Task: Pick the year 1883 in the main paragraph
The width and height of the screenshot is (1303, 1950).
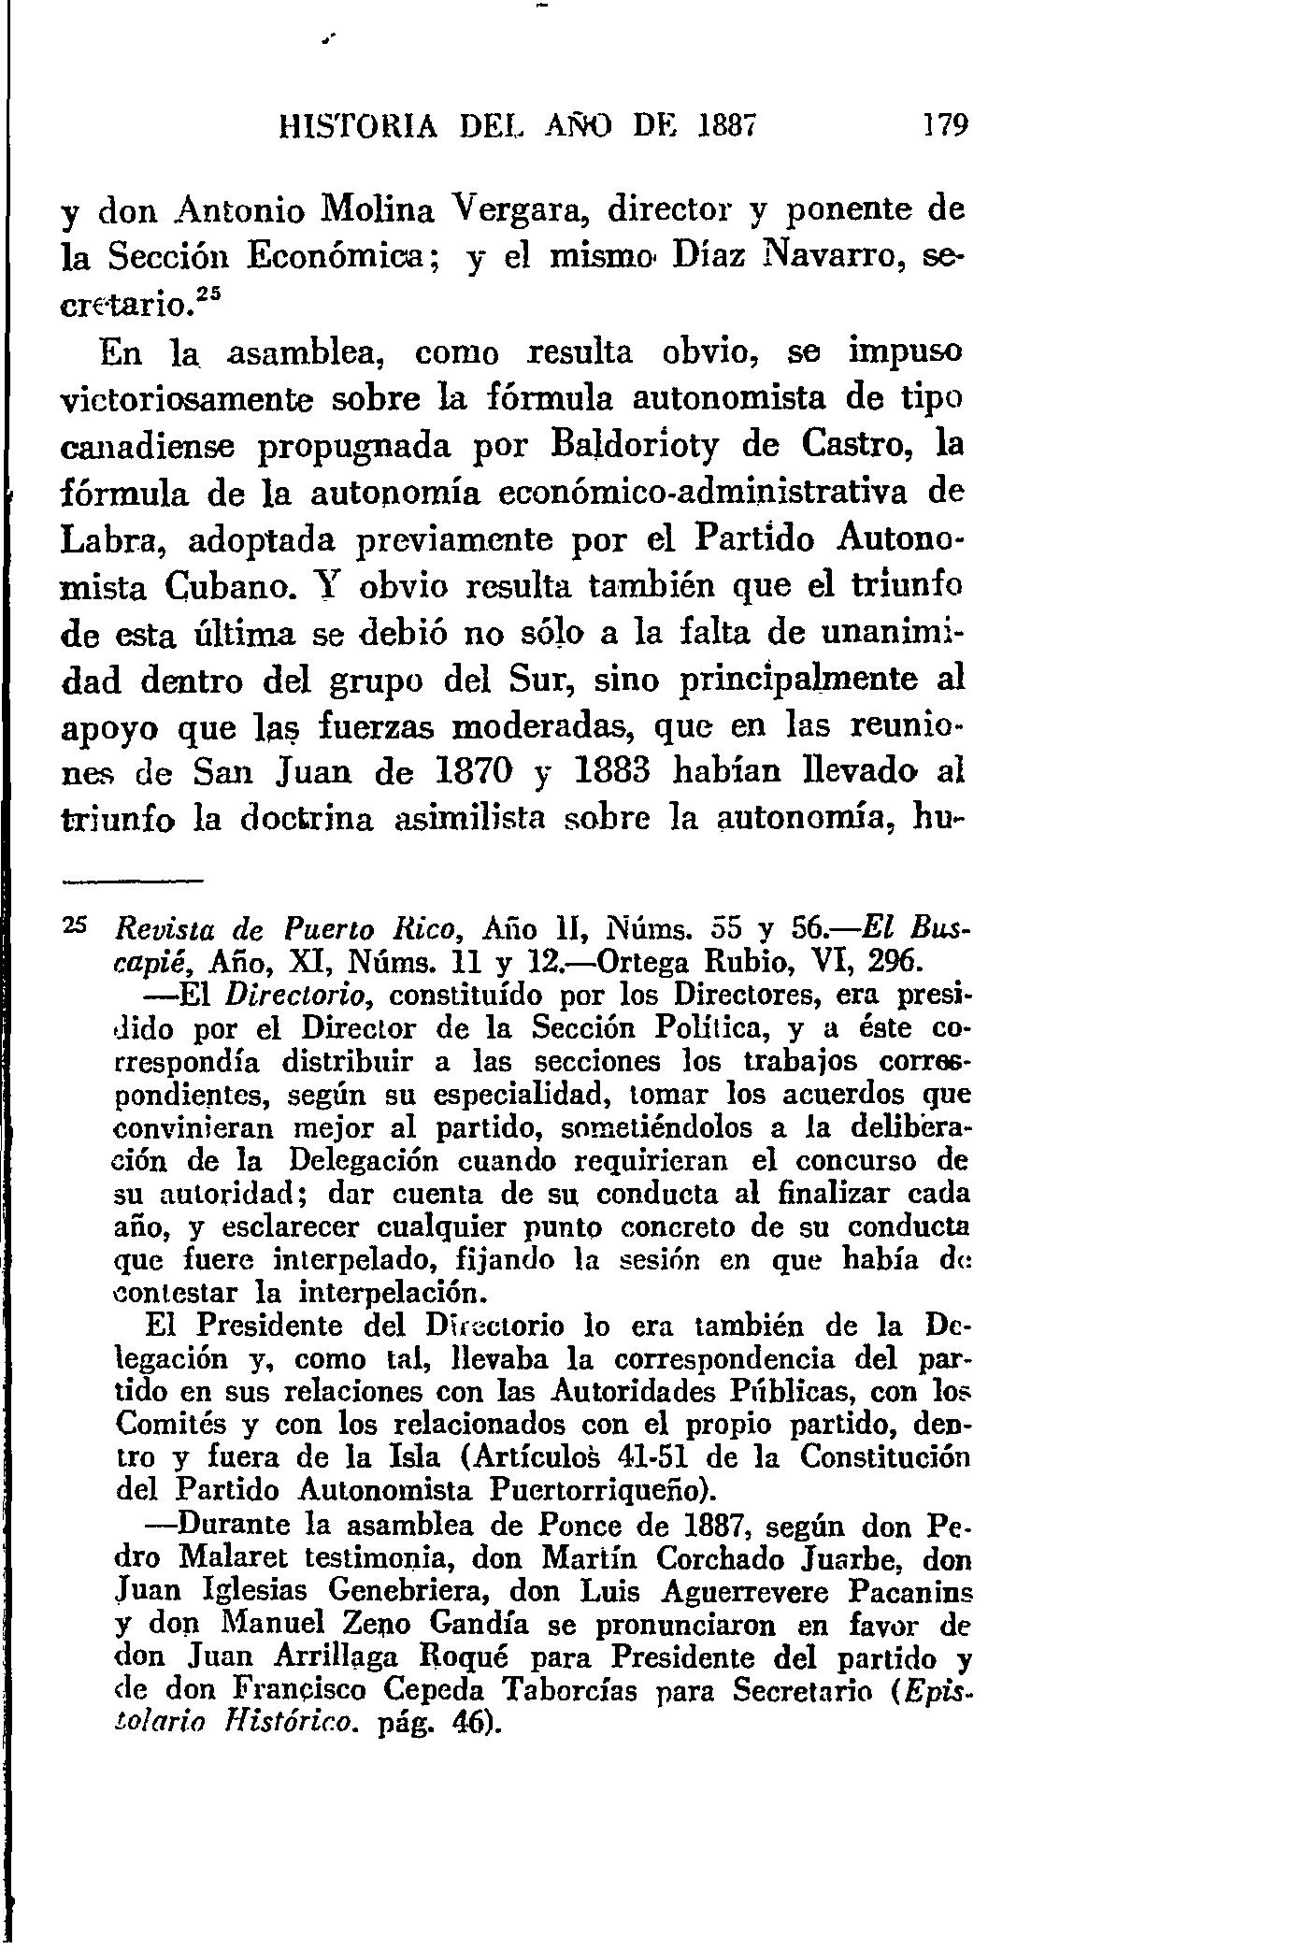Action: (618, 772)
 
